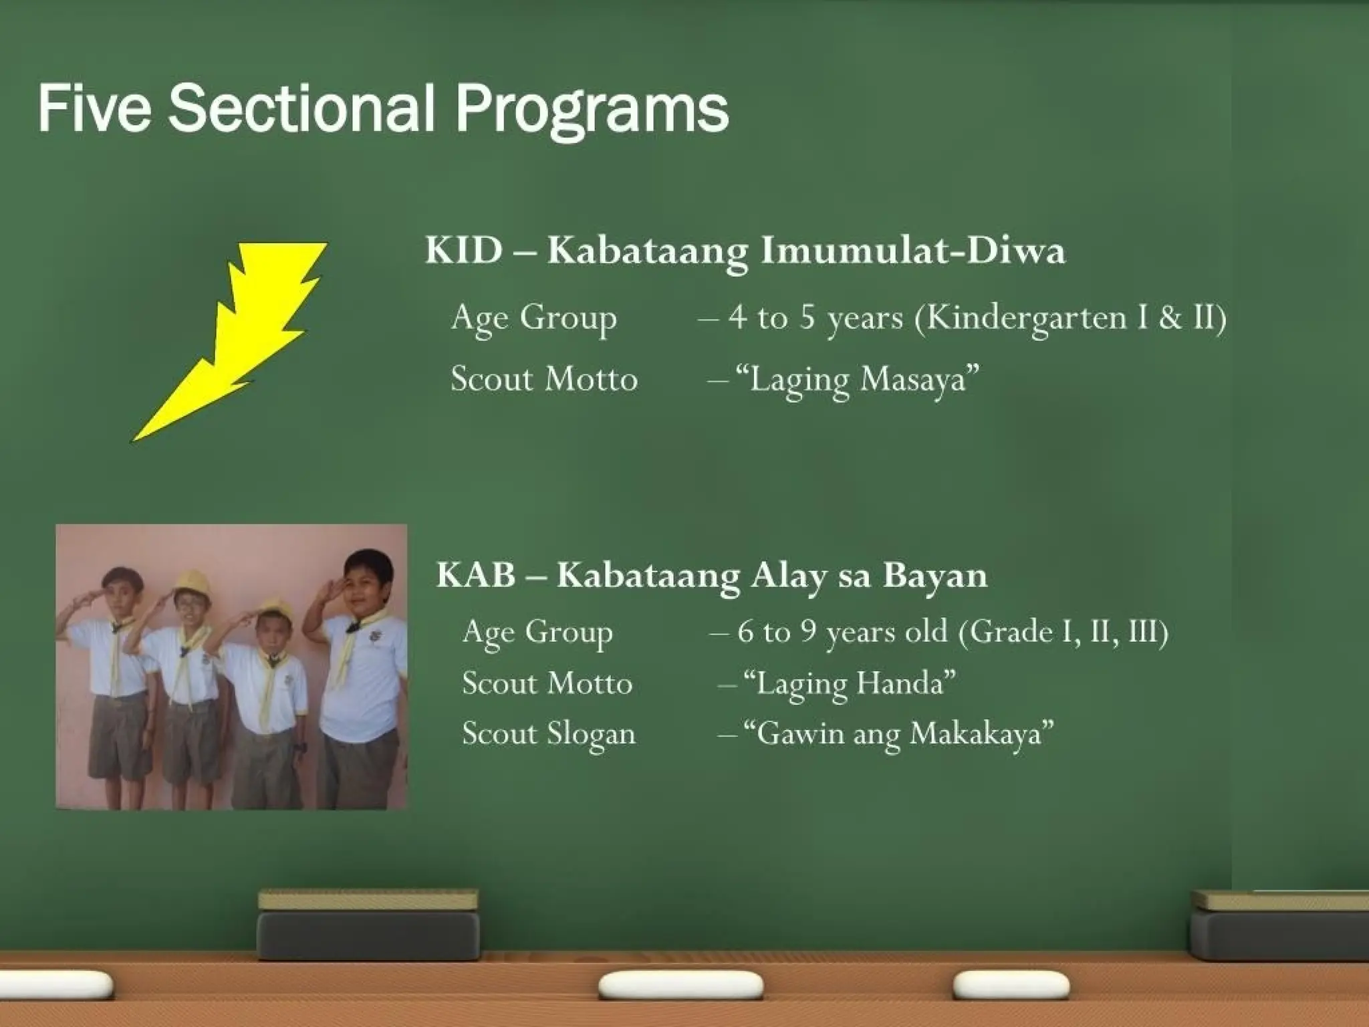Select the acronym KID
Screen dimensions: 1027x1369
pos(464,251)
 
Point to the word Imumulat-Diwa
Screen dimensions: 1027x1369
pos(913,251)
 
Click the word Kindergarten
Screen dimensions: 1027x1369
pos(1027,318)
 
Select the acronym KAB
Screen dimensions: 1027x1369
pos(476,575)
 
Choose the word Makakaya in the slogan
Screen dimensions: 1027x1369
pos(976,734)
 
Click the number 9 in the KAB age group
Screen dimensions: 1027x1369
pos(809,631)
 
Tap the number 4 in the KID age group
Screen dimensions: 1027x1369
pos(737,317)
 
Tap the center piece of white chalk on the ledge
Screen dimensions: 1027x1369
pos(680,985)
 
